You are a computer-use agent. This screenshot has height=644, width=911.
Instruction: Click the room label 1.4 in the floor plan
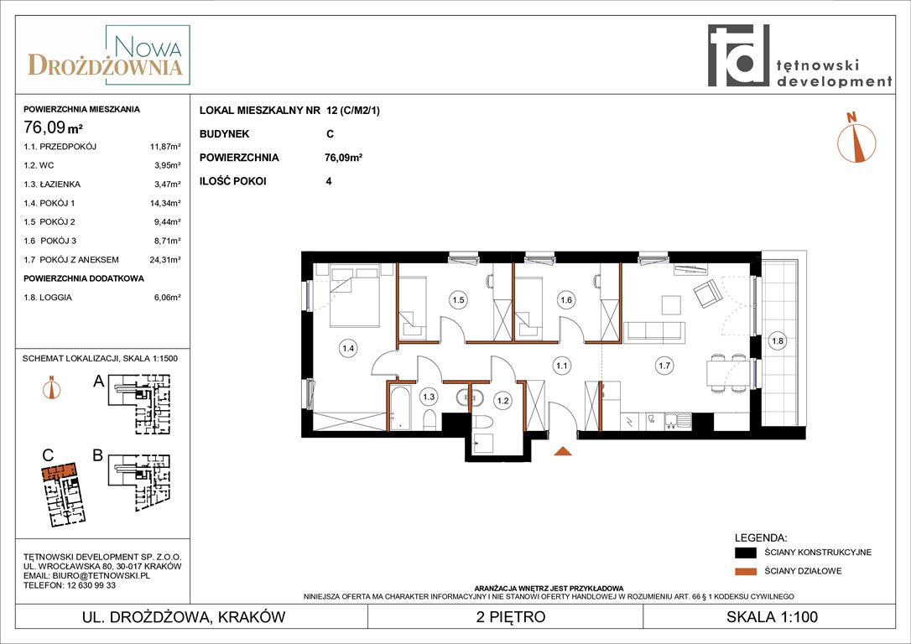[x=348, y=349]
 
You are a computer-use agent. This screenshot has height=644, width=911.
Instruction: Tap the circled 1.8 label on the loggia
[x=778, y=341]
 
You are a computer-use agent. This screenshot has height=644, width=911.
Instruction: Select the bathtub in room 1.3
[x=400, y=408]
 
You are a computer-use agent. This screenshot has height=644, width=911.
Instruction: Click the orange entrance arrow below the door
[x=562, y=450]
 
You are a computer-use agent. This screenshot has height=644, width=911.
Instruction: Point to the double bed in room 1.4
[x=355, y=295]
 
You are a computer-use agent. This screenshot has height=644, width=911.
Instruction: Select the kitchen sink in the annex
[x=678, y=420]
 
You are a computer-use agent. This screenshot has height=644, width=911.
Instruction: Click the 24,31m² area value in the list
[x=165, y=260]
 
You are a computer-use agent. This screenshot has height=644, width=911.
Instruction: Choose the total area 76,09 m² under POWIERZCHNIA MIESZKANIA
[x=53, y=126]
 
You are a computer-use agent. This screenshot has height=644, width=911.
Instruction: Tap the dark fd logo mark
[x=738, y=55]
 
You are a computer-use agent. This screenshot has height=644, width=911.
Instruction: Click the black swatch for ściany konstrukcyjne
[x=746, y=553]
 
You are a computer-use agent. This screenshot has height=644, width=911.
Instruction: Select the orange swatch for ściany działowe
[x=746, y=571]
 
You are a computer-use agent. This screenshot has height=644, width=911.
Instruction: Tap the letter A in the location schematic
[x=99, y=381]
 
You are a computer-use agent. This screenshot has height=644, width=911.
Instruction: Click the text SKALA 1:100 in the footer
[x=772, y=616]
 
